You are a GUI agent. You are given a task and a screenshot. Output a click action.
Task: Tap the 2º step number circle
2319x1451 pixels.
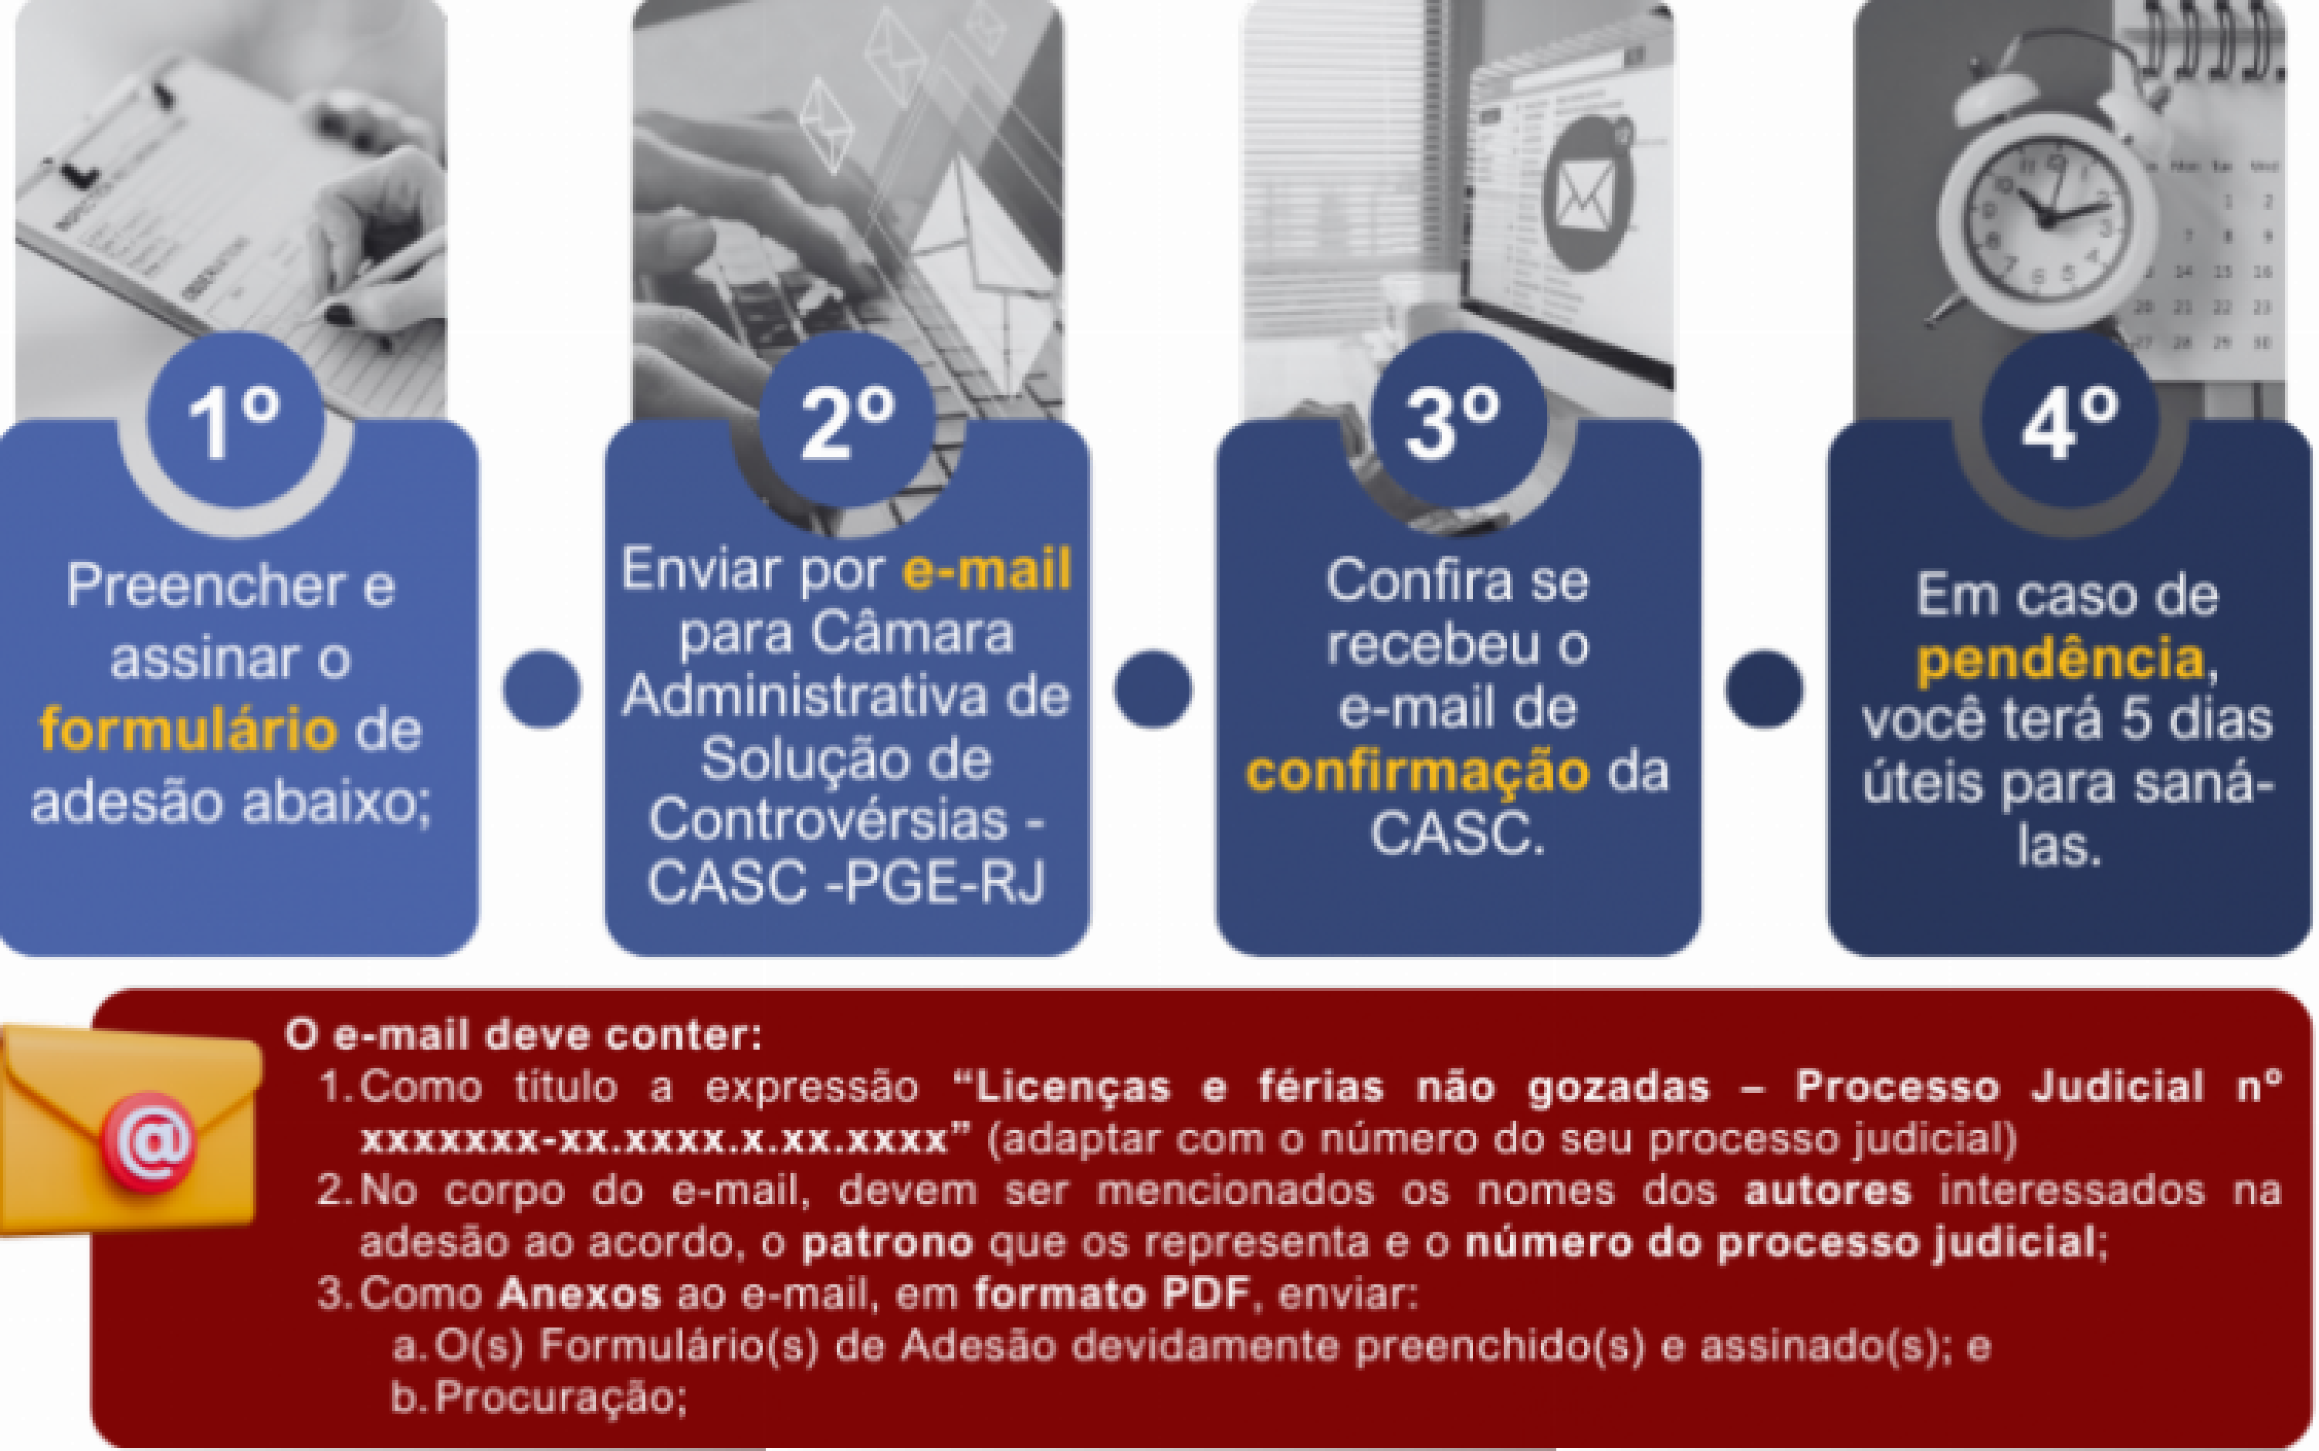[x=847, y=419]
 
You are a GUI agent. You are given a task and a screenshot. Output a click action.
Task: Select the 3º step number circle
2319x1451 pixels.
[x=1458, y=419]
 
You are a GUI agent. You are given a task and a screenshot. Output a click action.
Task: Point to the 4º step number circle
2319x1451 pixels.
[x=2070, y=419]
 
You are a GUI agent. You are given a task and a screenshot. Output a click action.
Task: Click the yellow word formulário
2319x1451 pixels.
[x=189, y=730]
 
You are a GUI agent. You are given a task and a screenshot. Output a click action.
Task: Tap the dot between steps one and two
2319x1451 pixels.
[x=541, y=689]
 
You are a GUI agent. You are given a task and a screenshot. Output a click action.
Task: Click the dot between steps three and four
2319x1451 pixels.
[x=1764, y=689]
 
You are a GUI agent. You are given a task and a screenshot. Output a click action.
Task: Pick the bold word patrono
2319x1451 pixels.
[x=889, y=1243]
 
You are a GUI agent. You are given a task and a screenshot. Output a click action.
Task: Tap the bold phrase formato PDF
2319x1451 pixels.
[x=1112, y=1294]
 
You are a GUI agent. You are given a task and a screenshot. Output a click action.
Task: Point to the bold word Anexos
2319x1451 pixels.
[x=580, y=1294]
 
